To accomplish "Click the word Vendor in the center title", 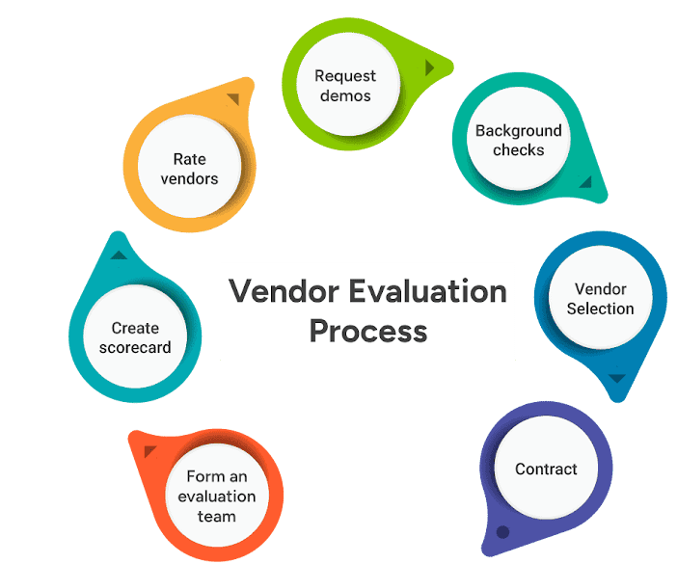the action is [284, 291].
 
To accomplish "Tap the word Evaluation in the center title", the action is [427, 291].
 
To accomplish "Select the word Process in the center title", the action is [368, 332].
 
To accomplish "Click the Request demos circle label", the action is [345, 86].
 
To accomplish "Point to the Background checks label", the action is [519, 140].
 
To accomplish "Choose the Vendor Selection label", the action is [600, 299].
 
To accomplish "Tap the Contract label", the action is [546, 469].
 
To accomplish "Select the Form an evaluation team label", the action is [217, 497].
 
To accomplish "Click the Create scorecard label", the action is [135, 337].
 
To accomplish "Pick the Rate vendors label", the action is [190, 169].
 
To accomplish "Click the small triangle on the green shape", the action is [429, 67].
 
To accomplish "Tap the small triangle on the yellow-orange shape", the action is [234, 98].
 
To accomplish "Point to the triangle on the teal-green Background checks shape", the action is [586, 183].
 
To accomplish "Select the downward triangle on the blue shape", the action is [617, 379].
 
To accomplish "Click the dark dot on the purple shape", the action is [502, 532].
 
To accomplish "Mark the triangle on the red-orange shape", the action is [149, 450].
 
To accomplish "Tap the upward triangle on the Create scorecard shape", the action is [119, 255].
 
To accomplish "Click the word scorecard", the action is [135, 347].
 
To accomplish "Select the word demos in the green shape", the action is [345, 95].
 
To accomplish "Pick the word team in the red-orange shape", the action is [217, 516].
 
